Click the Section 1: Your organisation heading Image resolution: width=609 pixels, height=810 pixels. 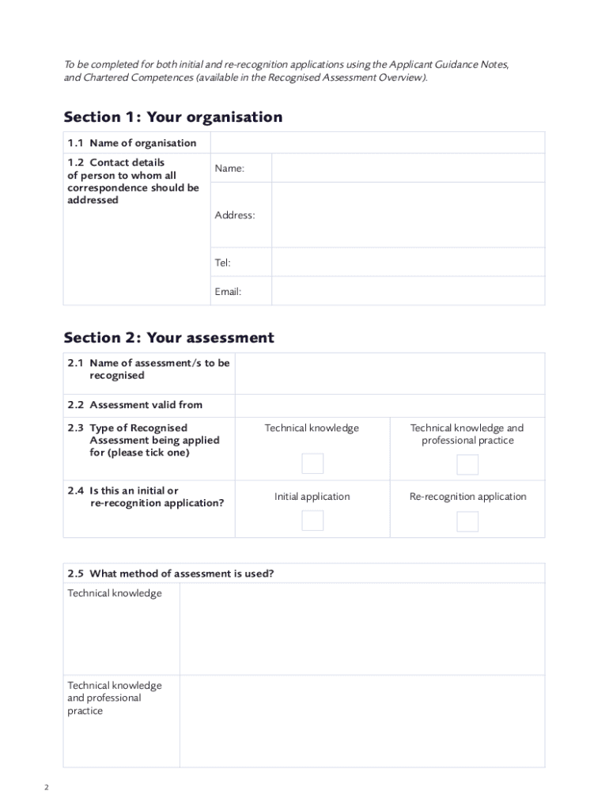pos(172,117)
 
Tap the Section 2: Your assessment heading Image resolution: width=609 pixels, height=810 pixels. pos(168,338)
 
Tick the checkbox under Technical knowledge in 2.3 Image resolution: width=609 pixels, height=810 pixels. pos(312,464)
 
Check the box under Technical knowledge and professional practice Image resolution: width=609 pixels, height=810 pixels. pos(467,464)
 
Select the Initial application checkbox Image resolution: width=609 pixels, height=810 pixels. pos(312,520)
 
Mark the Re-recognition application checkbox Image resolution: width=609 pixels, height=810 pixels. pos(467,521)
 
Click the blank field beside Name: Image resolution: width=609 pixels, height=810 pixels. pos(407,168)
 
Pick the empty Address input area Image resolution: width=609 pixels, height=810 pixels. pos(407,215)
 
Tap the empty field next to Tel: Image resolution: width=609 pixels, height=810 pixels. pos(407,262)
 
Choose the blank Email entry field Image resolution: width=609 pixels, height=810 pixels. pos(407,291)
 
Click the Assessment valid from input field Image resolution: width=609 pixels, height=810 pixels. pos(389,405)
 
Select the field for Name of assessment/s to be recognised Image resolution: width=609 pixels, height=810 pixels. pos(389,373)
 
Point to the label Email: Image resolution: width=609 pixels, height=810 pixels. pos(228,292)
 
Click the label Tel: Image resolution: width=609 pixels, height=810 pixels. pos(222,263)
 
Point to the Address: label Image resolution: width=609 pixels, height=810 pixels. pos(234,215)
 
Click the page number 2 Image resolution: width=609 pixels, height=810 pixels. pos(46,788)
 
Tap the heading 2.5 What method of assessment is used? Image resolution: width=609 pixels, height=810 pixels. pos(171,573)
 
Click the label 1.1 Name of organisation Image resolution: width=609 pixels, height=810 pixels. pos(132,143)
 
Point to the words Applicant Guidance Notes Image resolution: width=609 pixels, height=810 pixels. pos(448,64)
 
